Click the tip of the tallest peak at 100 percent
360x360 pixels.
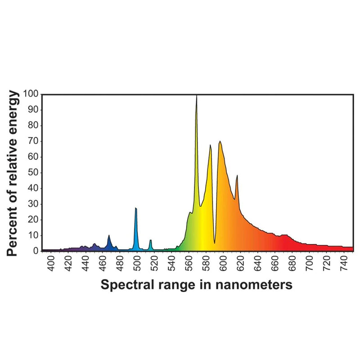197,96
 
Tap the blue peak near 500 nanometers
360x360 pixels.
135,209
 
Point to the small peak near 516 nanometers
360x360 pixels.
150,241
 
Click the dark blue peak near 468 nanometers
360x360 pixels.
109,236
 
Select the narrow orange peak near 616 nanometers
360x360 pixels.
237,176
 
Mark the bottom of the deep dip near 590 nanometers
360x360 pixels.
215,243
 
